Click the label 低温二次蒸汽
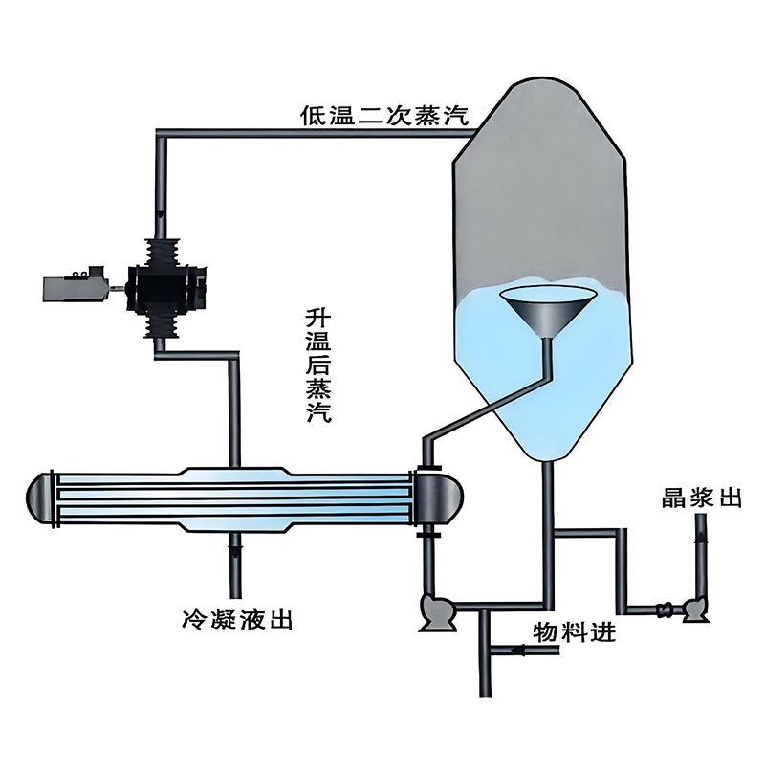click(384, 115)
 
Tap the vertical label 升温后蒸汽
click(318, 366)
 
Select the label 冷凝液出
click(237, 620)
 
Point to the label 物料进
click(574, 632)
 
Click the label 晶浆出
click(701, 498)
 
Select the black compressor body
click(166, 289)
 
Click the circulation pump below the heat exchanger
click(436, 612)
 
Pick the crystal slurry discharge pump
click(695, 609)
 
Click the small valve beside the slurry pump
click(665, 609)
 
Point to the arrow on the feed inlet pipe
click(519, 651)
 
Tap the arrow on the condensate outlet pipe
click(236, 550)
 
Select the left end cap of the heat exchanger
click(39, 498)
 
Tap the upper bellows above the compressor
click(162, 254)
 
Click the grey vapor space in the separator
click(539, 188)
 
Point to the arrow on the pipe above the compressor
click(161, 216)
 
